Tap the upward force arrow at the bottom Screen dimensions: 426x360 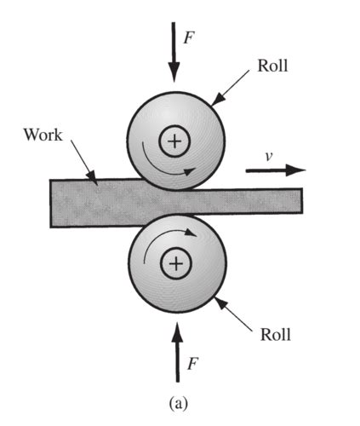(x=176, y=354)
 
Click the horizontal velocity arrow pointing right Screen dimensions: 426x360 (x=273, y=170)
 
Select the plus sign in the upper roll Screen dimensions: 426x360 (x=175, y=141)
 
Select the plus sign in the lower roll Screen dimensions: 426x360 (x=176, y=264)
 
